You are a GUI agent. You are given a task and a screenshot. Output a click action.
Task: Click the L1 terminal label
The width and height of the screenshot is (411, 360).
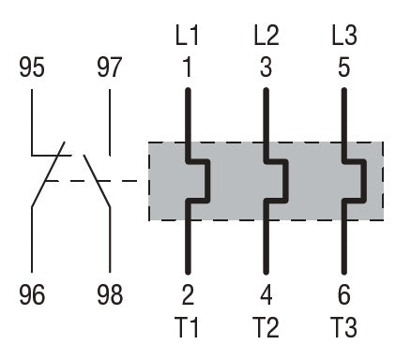click(x=187, y=36)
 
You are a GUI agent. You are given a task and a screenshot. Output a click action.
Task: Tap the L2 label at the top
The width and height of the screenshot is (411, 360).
click(x=266, y=36)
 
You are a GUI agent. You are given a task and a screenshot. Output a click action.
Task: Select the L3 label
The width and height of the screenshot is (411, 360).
click(x=344, y=36)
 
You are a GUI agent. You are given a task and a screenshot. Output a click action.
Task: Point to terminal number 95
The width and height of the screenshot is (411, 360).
click(x=32, y=67)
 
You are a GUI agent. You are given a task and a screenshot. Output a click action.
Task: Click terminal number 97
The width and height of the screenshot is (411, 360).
click(x=109, y=67)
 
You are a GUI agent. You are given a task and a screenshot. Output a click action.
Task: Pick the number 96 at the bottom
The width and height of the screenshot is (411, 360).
click(x=32, y=294)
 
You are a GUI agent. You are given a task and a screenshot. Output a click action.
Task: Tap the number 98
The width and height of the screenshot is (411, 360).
click(x=110, y=294)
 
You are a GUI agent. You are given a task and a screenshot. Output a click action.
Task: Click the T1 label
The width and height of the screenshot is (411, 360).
click(x=188, y=327)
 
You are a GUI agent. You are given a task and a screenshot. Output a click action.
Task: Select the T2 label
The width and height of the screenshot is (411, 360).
click(x=266, y=327)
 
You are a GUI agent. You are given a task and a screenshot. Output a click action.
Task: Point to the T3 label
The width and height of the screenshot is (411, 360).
click(x=344, y=327)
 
